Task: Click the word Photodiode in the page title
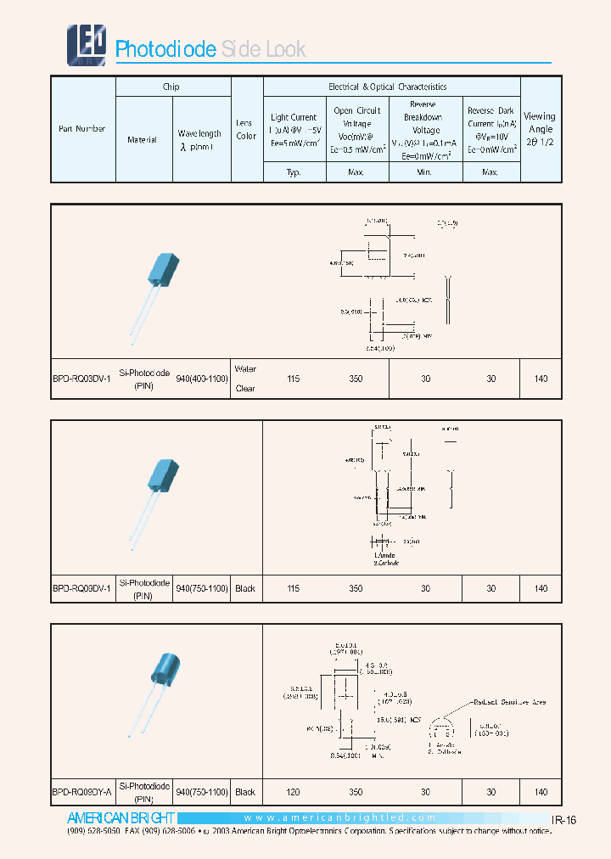pos(165,49)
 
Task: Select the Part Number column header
pos(82,129)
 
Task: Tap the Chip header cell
pos(171,87)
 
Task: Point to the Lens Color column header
pos(246,129)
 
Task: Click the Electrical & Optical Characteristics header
pos(387,87)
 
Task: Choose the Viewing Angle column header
pos(540,128)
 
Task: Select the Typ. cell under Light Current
pos(294,172)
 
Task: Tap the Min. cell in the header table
pos(424,172)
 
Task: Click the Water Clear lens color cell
pos(245,379)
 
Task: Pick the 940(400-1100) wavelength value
pos(202,379)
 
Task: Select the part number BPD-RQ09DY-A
pos(82,792)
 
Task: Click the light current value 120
pos(293,792)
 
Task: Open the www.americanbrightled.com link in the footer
pos(339,818)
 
